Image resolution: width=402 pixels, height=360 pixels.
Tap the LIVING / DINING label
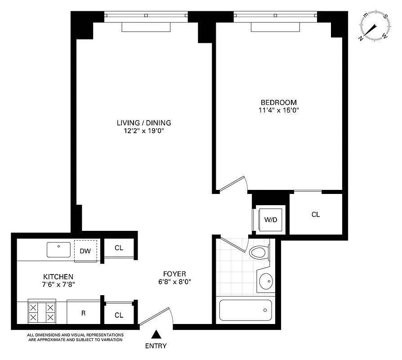[x=144, y=122]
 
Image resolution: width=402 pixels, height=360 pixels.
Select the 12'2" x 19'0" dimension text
[x=144, y=130]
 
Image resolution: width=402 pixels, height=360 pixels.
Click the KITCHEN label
[x=58, y=276]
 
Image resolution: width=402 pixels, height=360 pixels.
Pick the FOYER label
[x=174, y=274]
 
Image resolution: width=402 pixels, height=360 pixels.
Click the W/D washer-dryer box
[x=270, y=220]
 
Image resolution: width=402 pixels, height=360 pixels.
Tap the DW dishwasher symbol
[x=85, y=251]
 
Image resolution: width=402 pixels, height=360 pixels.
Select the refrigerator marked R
[x=83, y=313]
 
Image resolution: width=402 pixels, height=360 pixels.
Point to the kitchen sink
[x=58, y=250]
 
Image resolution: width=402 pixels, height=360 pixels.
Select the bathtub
[x=246, y=310]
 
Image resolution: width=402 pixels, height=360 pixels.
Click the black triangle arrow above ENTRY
[x=156, y=334]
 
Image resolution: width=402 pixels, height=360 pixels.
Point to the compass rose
[x=373, y=27]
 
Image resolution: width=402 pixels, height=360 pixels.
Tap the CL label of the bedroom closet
[x=316, y=215]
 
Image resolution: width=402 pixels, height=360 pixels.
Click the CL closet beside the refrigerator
[x=119, y=315]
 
